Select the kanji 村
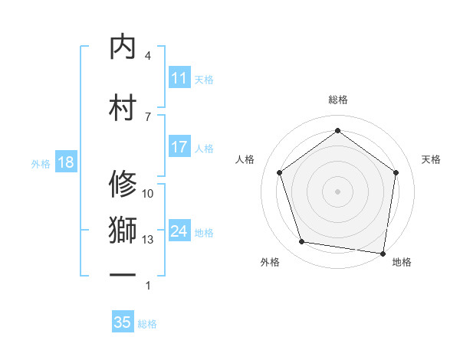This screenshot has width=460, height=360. [x=123, y=106]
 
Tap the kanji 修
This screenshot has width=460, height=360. [x=123, y=183]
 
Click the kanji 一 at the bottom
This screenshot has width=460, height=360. [x=123, y=274]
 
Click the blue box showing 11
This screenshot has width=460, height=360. [x=179, y=78]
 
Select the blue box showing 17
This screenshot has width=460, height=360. [x=179, y=148]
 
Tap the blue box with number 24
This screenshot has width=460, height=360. [x=179, y=232]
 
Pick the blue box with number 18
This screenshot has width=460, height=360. [x=65, y=162]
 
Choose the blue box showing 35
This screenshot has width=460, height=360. [x=123, y=322]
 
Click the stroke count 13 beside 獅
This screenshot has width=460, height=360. [x=148, y=240]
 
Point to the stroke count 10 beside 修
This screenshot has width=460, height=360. [x=148, y=194]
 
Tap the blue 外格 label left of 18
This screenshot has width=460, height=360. [x=41, y=163]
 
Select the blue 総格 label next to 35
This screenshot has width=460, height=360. [x=147, y=324]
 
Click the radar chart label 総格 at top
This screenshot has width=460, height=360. [x=337, y=100]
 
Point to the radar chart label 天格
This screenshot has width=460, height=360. [x=431, y=159]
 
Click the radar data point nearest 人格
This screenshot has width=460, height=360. [x=279, y=173]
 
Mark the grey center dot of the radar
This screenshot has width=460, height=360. [x=337, y=191]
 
